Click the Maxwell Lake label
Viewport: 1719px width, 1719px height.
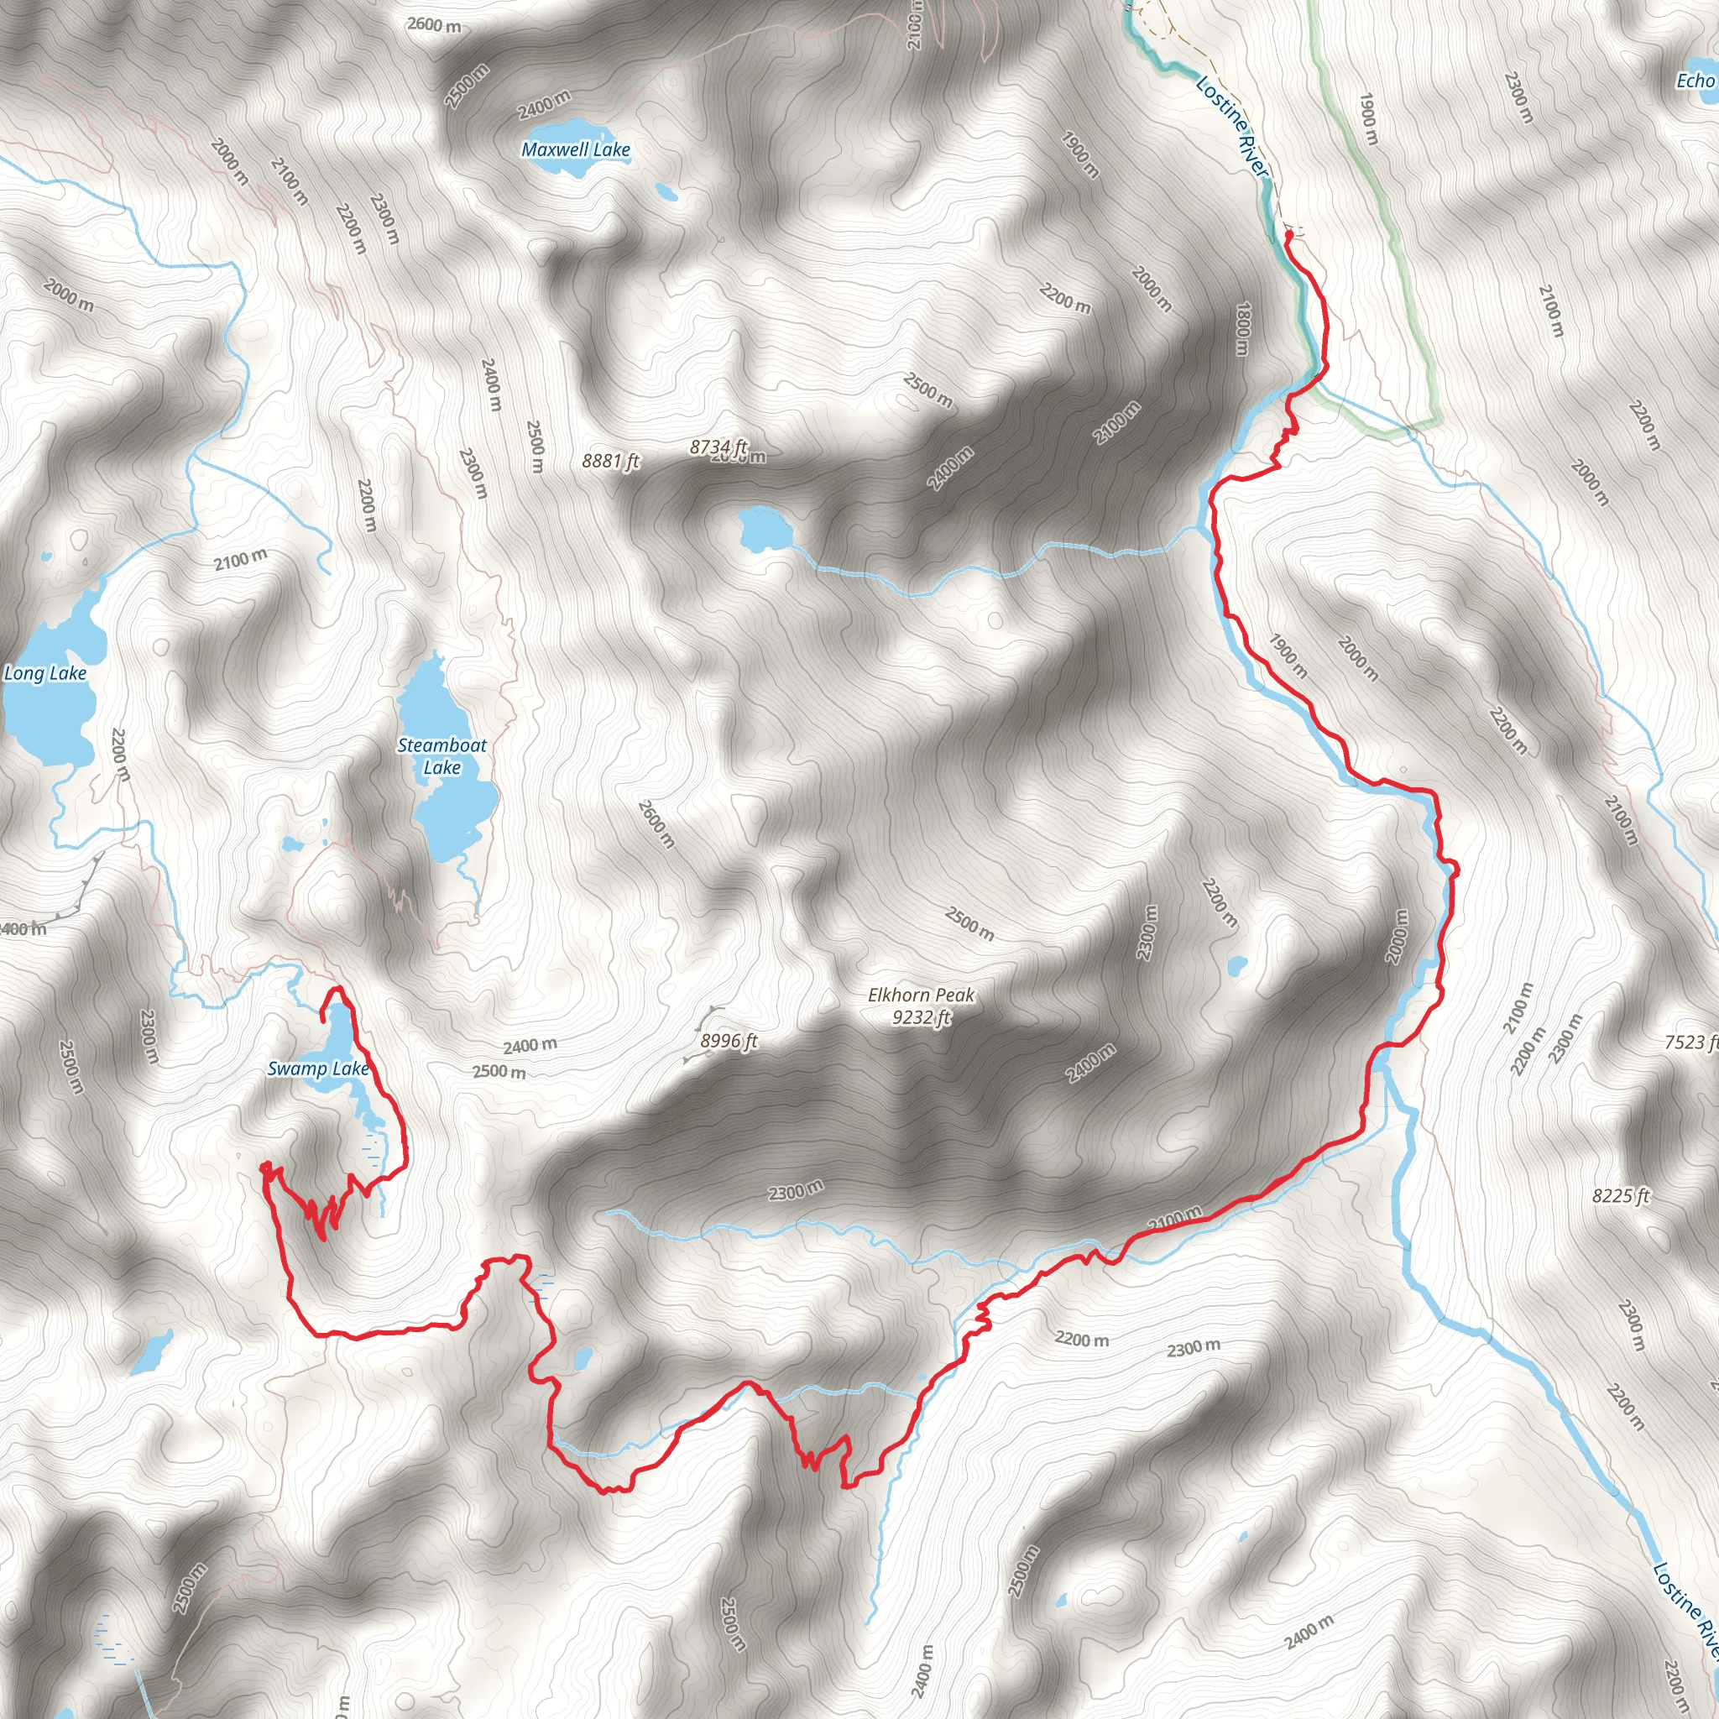(x=576, y=149)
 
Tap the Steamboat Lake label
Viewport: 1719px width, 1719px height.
(x=442, y=756)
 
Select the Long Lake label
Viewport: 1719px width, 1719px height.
(x=45, y=673)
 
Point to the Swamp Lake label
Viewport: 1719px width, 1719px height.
(x=317, y=1068)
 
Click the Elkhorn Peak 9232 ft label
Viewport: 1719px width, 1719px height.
(x=921, y=1006)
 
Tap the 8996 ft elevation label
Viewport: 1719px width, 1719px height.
(x=729, y=1041)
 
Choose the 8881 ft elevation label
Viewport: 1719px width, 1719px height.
(x=610, y=461)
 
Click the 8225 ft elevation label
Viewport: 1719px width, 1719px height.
(x=1620, y=1197)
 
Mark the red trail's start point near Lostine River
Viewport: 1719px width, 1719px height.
(x=1288, y=236)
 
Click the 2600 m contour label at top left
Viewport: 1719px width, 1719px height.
(x=434, y=25)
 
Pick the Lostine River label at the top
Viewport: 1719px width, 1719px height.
(x=1231, y=127)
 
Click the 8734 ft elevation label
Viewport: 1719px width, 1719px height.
(x=718, y=447)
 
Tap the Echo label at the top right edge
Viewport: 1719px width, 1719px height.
(x=1695, y=81)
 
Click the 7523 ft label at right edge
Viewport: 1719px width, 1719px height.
(x=1690, y=1042)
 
